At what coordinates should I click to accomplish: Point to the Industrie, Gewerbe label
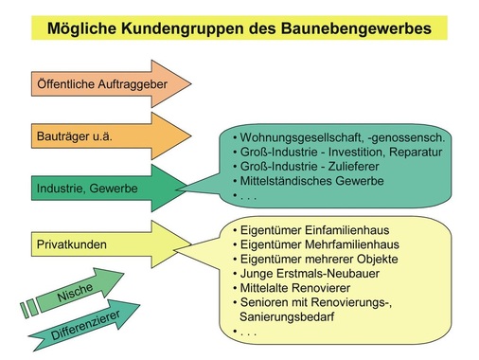click(x=85, y=189)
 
